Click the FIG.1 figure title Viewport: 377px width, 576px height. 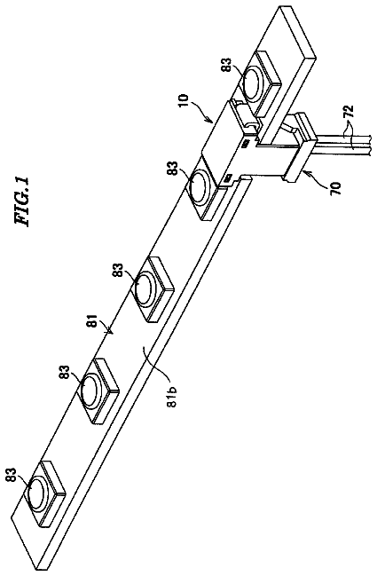coord(22,201)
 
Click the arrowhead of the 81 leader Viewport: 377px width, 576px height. coord(109,333)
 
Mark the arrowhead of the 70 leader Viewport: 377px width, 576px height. coord(304,171)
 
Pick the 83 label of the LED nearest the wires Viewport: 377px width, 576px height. coord(228,66)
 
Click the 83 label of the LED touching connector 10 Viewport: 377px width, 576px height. coord(175,169)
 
